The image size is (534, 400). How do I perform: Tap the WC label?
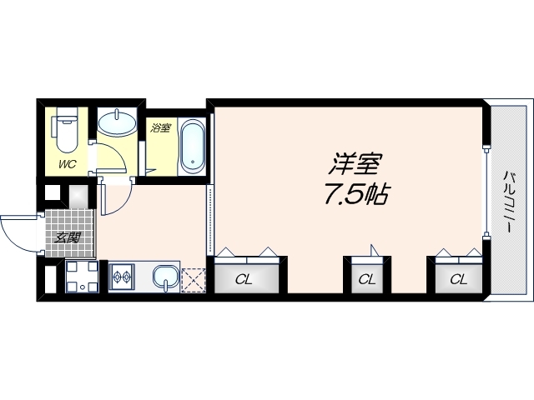67,163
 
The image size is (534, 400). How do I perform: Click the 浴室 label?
160,128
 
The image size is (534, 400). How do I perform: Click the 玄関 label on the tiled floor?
68,237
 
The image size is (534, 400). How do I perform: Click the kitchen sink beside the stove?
167,276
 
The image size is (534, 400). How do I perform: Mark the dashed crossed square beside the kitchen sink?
194,278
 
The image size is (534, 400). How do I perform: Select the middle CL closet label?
366,279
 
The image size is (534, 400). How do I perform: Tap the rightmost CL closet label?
459,279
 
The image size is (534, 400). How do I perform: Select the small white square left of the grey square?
53,195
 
